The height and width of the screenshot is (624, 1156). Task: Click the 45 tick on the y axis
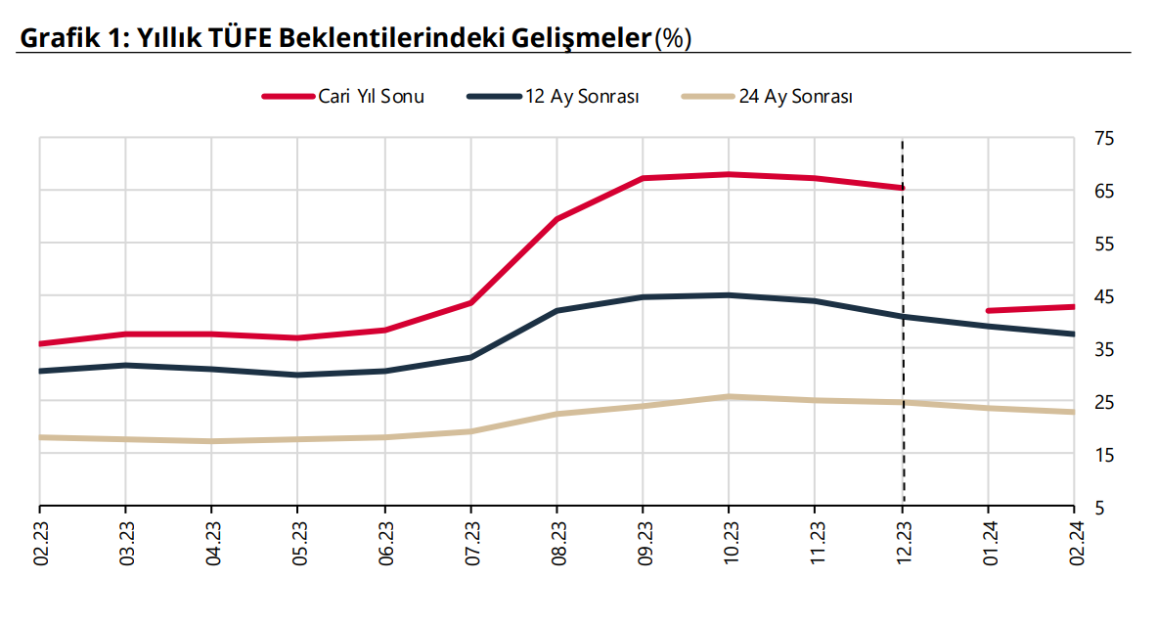[x=1103, y=296]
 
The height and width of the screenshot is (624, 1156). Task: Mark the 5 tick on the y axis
[x=1099, y=508]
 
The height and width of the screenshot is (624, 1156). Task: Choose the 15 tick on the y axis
[x=1103, y=455]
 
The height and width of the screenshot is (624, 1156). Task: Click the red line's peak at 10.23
[x=729, y=174]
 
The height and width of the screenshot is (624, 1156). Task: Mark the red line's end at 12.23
[x=902, y=187]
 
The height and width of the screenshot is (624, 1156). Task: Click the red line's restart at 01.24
[x=989, y=311]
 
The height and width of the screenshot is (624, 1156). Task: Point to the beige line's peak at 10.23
[x=729, y=396]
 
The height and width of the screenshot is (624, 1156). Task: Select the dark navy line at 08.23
[x=556, y=310]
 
